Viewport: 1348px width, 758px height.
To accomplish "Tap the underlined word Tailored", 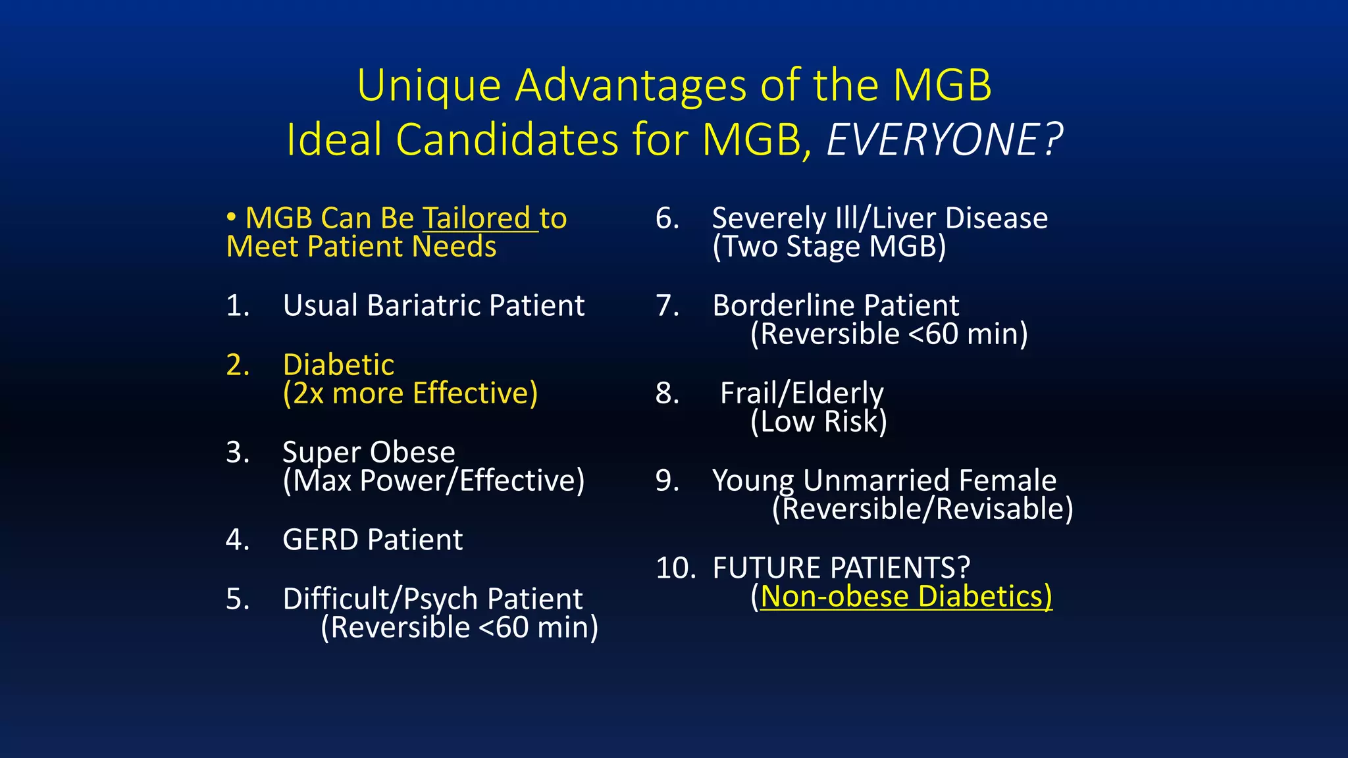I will click(x=476, y=218).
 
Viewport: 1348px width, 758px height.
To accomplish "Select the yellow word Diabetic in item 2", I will click(x=338, y=365).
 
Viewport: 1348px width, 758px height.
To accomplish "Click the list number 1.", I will click(x=238, y=306).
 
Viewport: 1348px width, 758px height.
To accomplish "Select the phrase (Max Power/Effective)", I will click(x=433, y=481).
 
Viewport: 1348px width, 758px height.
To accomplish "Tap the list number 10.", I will click(x=675, y=568).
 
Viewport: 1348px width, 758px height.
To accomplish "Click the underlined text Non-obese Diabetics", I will click(x=906, y=597).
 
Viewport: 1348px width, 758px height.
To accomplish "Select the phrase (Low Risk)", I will click(x=819, y=422).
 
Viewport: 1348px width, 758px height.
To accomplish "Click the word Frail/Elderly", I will click(x=802, y=393).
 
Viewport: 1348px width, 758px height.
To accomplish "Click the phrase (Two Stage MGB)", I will click(x=829, y=247).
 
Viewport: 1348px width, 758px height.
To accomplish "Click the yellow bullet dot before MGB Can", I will click(x=231, y=217).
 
